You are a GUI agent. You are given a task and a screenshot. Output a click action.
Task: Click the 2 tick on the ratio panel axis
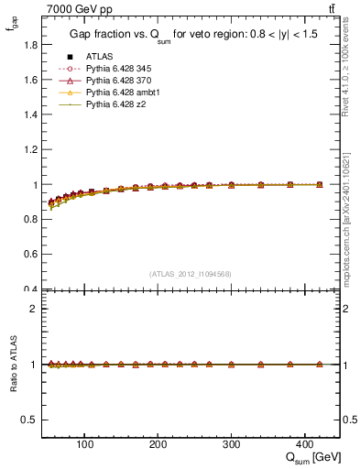point(36,309)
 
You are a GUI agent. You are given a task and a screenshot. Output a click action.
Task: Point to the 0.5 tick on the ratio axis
point(31,420)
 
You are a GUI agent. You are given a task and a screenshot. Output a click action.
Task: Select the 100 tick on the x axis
point(84,445)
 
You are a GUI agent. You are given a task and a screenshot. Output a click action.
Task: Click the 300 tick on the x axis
point(231,445)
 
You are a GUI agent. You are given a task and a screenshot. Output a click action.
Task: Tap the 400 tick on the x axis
point(304,445)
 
